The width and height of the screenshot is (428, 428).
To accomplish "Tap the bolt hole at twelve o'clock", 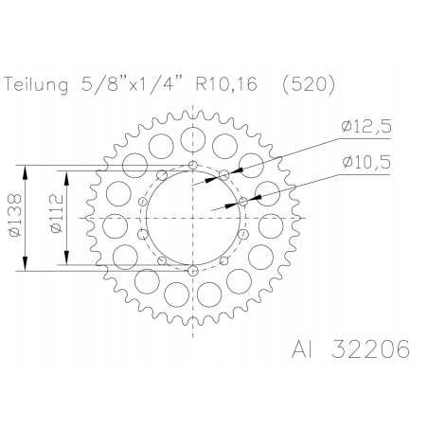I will point(193,165).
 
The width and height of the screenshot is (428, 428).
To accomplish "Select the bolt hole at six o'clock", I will point(193,272).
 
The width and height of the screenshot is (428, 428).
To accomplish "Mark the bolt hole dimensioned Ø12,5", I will point(224,174).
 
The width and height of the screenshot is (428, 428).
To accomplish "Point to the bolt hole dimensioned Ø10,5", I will point(244,201).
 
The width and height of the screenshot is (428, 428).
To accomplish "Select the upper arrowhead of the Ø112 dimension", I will point(66,175).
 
